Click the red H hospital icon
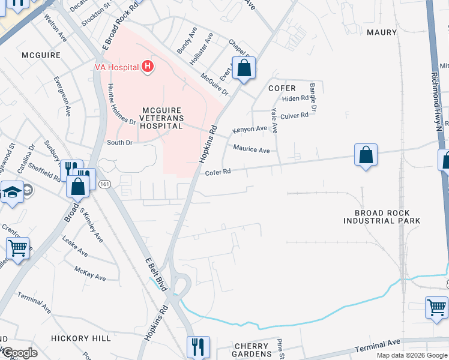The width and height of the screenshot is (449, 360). [x=147, y=67]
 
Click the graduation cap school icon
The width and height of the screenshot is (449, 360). [x=11, y=194]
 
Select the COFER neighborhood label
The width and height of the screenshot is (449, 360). [x=282, y=88]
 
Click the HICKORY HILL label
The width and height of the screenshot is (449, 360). [x=81, y=339]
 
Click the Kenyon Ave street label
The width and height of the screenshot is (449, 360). [x=249, y=129]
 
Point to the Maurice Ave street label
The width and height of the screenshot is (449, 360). [x=252, y=150]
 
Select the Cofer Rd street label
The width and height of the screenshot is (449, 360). [x=218, y=172]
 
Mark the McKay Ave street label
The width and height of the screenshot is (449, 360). [x=90, y=274]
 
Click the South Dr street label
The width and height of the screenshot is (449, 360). [x=119, y=143]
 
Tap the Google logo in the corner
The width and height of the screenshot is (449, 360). [x=19, y=352]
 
